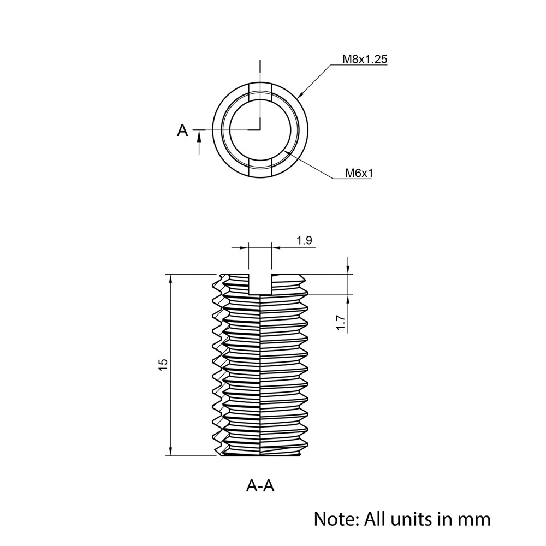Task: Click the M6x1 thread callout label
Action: pyautogui.click(x=359, y=173)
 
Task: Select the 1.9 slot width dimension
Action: pyautogui.click(x=304, y=240)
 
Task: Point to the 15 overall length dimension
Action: pyautogui.click(x=163, y=365)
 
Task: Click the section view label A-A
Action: pyautogui.click(x=260, y=485)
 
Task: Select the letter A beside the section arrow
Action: pyautogui.click(x=182, y=130)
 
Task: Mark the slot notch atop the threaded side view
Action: pyautogui.click(x=260, y=284)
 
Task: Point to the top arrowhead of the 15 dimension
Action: pyautogui.click(x=171, y=278)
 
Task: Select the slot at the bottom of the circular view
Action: pyautogui.click(x=260, y=169)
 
